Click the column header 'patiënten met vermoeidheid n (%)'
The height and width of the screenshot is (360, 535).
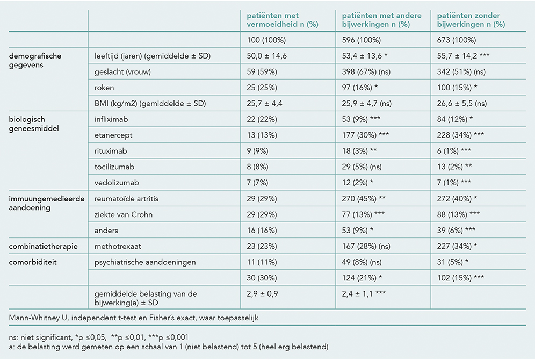tap(283, 20)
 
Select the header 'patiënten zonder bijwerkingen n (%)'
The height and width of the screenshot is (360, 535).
tap(471, 20)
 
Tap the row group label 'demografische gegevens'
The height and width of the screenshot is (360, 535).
tap(35, 60)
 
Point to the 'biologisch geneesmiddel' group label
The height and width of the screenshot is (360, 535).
tap(34, 124)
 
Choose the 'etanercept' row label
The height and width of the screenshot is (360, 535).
tap(113, 135)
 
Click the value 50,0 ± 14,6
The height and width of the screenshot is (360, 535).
tap(267, 56)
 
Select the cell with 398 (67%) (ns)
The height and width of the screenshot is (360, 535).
tap(366, 71)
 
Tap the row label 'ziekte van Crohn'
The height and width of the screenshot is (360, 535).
tap(124, 214)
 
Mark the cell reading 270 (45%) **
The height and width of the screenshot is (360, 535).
tap(364, 199)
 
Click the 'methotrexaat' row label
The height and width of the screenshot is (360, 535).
tap(118, 247)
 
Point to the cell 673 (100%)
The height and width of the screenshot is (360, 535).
tap(457, 40)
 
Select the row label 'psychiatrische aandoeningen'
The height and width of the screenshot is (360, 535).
tap(146, 262)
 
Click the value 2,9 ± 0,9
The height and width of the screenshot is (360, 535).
tap(262, 294)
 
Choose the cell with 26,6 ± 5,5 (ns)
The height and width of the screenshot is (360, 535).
tap(462, 103)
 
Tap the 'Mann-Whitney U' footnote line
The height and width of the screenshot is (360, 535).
tap(134, 318)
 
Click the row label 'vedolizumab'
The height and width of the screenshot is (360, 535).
tap(117, 183)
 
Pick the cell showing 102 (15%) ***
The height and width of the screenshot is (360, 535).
tap(461, 278)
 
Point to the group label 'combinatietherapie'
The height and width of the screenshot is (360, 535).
tap(44, 247)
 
